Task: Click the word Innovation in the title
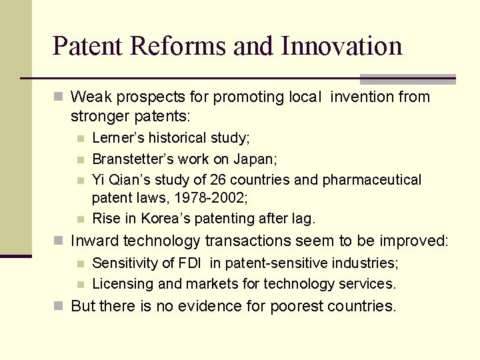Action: [x=341, y=46]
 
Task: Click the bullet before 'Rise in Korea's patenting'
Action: [x=80, y=219]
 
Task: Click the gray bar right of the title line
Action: [x=407, y=79]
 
